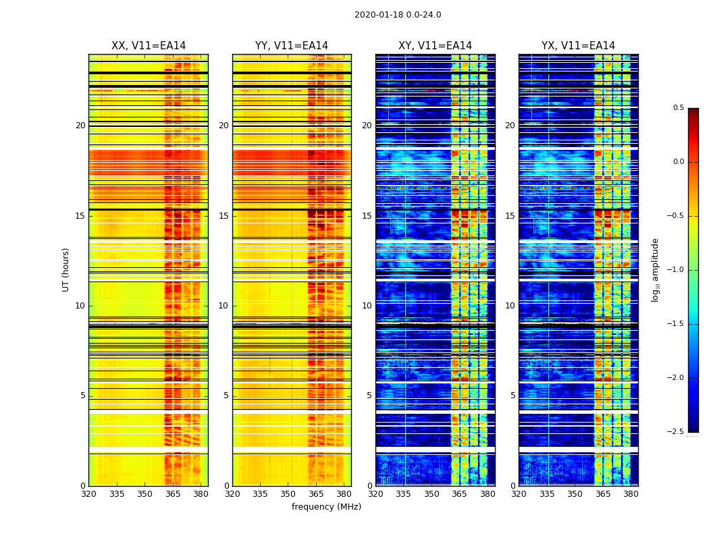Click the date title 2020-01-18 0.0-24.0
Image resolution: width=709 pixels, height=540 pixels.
point(398,15)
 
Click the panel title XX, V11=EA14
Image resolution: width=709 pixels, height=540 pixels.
point(149,46)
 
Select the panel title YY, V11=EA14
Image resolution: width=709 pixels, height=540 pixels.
point(292,46)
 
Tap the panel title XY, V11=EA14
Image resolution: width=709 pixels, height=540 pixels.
point(435,46)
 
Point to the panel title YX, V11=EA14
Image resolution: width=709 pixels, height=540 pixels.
point(578,46)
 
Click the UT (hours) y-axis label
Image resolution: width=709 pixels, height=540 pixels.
point(66,269)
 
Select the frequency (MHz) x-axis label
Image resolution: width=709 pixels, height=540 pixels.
point(326,507)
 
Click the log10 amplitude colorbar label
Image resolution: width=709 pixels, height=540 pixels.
point(655,269)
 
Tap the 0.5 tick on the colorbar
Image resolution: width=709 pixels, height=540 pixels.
point(678,108)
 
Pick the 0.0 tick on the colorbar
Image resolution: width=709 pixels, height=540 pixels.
point(678,162)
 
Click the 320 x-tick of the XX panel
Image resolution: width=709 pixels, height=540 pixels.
point(88,494)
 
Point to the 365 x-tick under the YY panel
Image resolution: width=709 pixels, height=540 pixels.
point(316,494)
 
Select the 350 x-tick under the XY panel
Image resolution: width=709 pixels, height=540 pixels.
point(431,494)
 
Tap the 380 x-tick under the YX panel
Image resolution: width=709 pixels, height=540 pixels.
point(631,494)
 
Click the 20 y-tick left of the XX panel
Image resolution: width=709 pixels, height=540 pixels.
point(80,126)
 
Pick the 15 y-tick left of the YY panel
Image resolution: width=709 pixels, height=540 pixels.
point(224,216)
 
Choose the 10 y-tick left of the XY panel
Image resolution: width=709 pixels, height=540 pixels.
point(367,306)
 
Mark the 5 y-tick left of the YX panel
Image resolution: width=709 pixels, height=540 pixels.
point(513,396)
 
